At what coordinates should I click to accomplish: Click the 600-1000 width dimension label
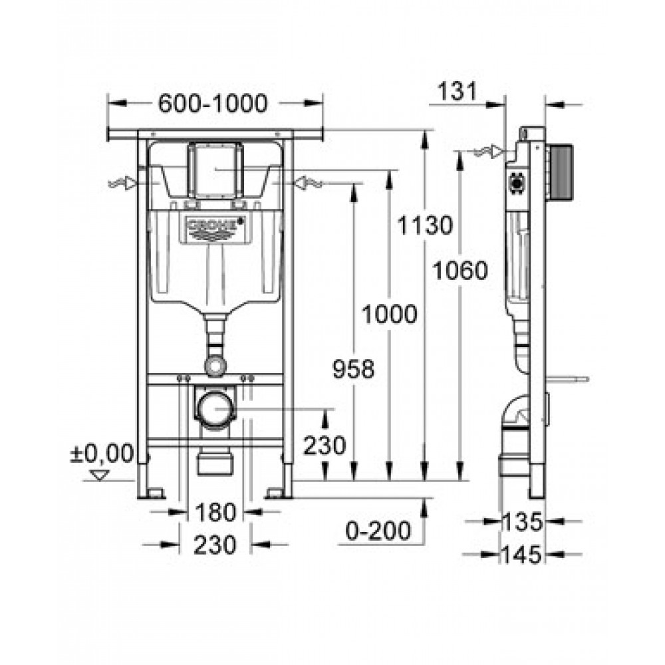coord(213,104)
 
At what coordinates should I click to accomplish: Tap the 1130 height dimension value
coord(425,225)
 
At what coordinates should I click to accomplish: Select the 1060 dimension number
coord(460,271)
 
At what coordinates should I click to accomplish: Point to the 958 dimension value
coord(353,369)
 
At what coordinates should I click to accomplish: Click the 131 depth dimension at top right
coord(458,91)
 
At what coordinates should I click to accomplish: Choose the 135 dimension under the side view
coord(523,521)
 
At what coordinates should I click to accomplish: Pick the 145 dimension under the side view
coord(523,555)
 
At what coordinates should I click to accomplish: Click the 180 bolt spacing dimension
coord(215,512)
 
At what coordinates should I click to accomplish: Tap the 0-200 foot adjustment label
coord(378,531)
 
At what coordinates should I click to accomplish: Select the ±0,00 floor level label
coord(102,454)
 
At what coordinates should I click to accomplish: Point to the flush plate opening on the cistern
coord(215,170)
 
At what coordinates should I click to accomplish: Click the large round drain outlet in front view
coord(215,409)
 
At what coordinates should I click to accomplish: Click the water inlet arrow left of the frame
coord(122,184)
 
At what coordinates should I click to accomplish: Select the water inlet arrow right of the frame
coord(309,184)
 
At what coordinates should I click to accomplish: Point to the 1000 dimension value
coord(389,315)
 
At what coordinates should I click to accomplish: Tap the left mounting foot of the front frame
coord(150,493)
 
